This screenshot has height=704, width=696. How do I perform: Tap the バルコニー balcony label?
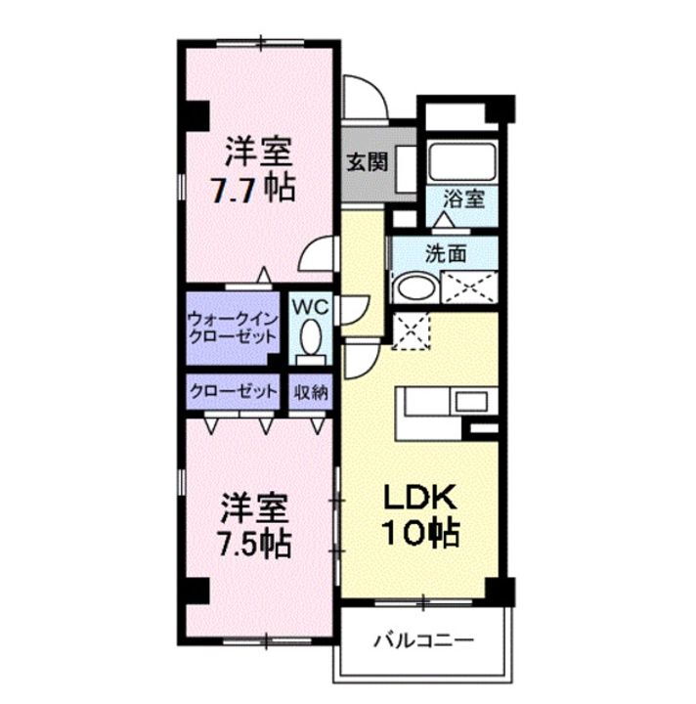[423, 642]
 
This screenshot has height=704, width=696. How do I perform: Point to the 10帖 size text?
[421, 534]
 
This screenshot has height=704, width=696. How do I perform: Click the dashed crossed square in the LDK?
[409, 330]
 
